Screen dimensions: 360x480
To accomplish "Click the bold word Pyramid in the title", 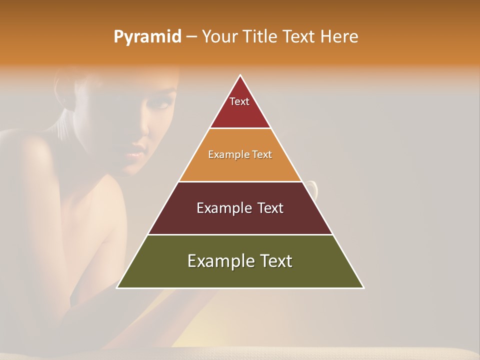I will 147,37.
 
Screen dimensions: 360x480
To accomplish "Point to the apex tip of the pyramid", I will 240,76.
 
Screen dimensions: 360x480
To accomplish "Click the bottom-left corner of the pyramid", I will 118,287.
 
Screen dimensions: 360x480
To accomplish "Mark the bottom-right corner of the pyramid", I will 363,287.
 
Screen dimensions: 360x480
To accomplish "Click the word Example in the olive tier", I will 218,261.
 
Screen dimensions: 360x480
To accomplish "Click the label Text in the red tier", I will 239,101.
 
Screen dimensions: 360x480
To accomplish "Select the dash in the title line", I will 191,37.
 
